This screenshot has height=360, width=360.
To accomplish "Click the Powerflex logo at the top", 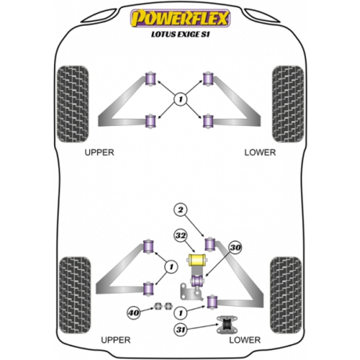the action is click(x=180, y=18).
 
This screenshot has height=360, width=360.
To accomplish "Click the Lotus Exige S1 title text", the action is click(x=180, y=34).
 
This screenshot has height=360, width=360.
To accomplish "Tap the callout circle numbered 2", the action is click(x=181, y=210).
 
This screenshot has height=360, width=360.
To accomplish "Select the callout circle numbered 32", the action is click(x=181, y=236).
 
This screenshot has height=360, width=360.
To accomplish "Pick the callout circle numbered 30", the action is click(x=236, y=247).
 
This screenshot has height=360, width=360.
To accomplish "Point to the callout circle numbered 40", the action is click(x=134, y=312).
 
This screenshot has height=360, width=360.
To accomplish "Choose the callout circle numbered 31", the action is click(x=181, y=329).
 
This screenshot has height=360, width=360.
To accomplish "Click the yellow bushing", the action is click(x=197, y=260).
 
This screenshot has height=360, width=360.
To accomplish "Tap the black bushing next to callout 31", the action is click(x=227, y=325).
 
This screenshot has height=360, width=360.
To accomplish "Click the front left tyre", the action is click(x=73, y=104).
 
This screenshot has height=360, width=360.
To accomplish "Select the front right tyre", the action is click(x=288, y=104).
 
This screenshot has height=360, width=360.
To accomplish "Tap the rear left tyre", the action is click(x=75, y=295).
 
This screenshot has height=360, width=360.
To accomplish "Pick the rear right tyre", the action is click(x=286, y=295).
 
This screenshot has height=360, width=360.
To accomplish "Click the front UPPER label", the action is click(x=99, y=153).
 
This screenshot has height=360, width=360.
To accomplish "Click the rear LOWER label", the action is click(x=245, y=340).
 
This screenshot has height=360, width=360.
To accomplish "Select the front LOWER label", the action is click(x=260, y=153).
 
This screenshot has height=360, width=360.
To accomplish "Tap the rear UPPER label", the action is click(x=116, y=340).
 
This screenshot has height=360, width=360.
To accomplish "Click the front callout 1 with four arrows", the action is click(x=181, y=99).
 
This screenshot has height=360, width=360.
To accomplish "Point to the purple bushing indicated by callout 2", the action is click(x=210, y=243).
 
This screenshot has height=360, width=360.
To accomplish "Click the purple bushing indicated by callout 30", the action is click(x=197, y=280).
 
